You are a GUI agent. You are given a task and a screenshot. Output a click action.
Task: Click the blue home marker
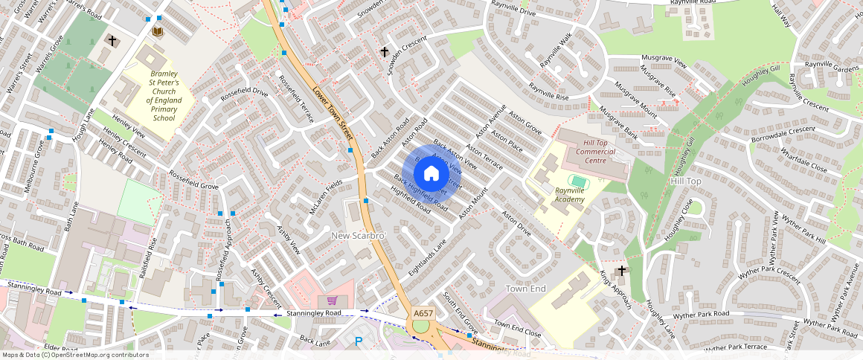pyautogui.click(x=431, y=174)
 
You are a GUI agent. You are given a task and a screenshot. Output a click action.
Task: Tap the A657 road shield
pyautogui.click(x=423, y=313)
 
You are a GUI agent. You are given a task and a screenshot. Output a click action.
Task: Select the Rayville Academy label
pyautogui.click(x=570, y=195)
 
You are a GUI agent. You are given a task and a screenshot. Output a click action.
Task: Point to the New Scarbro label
pyautogui.click(x=359, y=236)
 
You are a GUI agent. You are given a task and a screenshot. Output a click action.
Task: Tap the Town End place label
pyautogui.click(x=526, y=288)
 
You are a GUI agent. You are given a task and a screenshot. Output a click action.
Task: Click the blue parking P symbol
pyautogui.click(x=359, y=341)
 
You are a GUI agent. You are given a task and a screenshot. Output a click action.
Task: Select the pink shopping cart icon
pyautogui.click(x=332, y=300)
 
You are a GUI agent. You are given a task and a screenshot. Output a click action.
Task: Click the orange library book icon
pyautogui.click(x=158, y=31)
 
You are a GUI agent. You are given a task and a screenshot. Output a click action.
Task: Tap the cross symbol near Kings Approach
pyautogui.click(x=623, y=270)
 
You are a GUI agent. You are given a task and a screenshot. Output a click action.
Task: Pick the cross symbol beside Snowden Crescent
pyautogui.click(x=385, y=52)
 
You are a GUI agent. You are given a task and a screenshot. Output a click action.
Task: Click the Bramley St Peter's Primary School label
pyautogui.click(x=163, y=96)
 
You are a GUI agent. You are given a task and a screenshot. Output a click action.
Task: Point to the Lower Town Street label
pyautogui.click(x=332, y=114)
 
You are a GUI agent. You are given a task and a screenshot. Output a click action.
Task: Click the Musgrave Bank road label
pyautogui.click(x=619, y=123)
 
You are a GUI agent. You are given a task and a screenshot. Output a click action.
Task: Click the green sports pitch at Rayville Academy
pyautogui.click(x=578, y=181)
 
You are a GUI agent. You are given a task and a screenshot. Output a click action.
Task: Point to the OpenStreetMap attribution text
pyautogui.click(x=75, y=355)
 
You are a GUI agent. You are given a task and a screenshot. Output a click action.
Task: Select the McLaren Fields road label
pyautogui.click(x=326, y=196)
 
